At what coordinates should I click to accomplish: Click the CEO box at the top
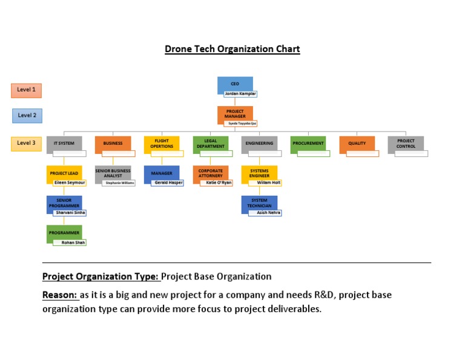[235, 84]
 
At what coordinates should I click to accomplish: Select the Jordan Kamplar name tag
[240, 94]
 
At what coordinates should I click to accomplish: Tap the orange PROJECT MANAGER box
[235, 113]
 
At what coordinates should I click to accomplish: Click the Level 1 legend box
[26, 90]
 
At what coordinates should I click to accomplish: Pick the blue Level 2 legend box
[27, 115]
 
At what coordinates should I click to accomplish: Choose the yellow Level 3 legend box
[26, 144]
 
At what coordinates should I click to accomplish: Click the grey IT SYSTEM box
[64, 144]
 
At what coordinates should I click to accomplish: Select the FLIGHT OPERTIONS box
[162, 144]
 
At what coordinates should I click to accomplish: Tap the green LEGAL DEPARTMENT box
[211, 144]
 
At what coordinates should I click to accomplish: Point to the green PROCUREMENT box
[308, 144]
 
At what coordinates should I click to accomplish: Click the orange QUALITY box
[357, 144]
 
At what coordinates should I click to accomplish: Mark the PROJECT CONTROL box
[406, 144]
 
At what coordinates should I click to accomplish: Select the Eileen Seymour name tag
[70, 182]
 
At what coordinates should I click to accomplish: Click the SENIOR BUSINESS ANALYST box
[113, 173]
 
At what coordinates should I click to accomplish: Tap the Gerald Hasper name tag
[168, 182]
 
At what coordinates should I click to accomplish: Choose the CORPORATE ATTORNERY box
[211, 173]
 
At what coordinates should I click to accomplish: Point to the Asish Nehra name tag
[265, 213]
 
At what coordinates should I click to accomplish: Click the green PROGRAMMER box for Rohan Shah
[64, 233]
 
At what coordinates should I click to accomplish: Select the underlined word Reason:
[59, 295]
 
